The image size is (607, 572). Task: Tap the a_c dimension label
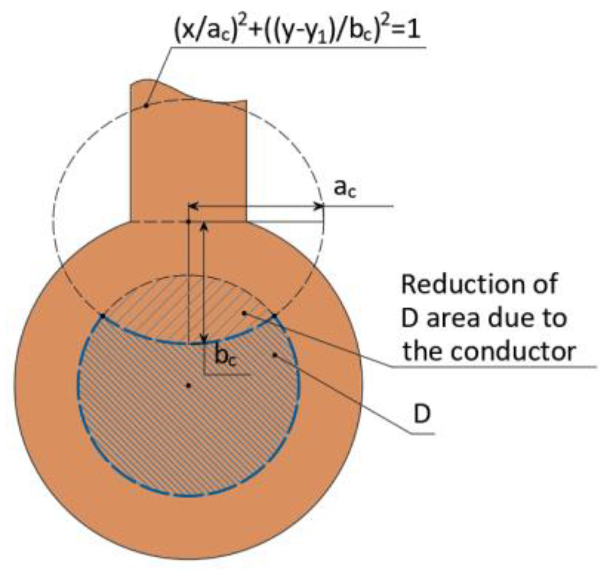pyautogui.click(x=345, y=188)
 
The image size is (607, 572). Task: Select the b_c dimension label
pyautogui.click(x=226, y=357)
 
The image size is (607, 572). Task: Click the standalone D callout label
pyautogui.click(x=421, y=415)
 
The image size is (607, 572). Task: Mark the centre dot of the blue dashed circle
pyautogui.click(x=188, y=386)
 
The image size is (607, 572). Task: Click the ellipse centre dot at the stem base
pyautogui.click(x=189, y=222)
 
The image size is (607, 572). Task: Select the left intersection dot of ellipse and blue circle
pyautogui.click(x=102, y=315)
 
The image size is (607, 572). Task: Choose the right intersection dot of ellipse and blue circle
pyautogui.click(x=274, y=315)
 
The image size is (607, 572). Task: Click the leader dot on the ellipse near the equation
pyautogui.click(x=146, y=106)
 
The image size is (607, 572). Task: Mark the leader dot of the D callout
pyautogui.click(x=275, y=354)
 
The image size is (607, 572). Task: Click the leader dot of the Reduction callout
pyautogui.click(x=244, y=313)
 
